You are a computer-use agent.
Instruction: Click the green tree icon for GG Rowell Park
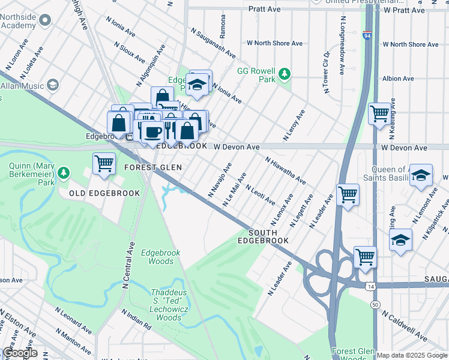[x=285, y=75]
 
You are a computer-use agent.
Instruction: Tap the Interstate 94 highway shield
[x=366, y=35]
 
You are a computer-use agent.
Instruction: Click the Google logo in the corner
[x=20, y=353]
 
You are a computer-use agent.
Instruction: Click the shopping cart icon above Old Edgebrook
[x=104, y=163]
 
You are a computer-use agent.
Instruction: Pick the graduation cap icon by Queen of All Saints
[x=421, y=175]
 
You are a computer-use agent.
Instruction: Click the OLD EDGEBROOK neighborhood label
[x=104, y=193]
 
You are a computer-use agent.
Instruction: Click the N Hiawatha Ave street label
[x=286, y=170]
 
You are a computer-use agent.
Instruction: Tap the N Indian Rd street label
[x=137, y=320]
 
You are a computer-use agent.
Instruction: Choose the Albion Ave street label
[x=398, y=79]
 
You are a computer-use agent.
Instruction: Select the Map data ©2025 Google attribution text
[x=412, y=355]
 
